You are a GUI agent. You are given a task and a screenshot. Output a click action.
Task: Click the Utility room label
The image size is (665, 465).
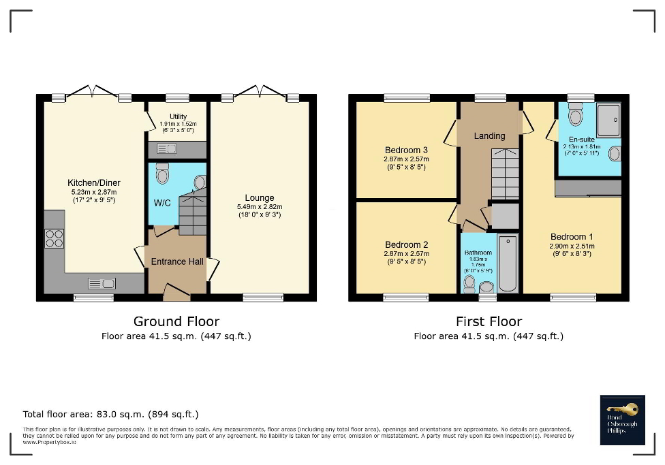coord(178,117)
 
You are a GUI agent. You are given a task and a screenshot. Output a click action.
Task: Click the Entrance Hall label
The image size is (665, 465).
coord(177,261)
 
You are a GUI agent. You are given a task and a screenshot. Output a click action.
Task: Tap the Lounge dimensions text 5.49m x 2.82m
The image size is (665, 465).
coord(260,207)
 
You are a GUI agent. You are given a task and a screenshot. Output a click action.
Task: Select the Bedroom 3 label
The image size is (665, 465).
coord(406,150)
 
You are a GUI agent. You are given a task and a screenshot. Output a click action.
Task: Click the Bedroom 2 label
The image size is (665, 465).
coord(406,245)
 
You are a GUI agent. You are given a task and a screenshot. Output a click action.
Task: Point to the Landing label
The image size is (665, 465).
coord(489,135)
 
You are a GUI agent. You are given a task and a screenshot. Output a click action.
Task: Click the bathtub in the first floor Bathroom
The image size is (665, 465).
coord(508,263)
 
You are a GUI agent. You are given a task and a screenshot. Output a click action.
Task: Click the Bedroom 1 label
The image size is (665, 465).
coord(572,237)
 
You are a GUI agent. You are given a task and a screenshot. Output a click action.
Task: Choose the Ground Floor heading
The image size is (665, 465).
coord(176,321)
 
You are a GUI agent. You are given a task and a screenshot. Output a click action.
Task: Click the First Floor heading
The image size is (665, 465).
coord(489,321)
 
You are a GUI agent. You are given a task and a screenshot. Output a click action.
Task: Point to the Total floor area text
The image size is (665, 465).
coord(110,414)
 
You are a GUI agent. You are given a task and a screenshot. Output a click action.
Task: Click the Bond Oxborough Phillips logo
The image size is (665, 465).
coord(622,420)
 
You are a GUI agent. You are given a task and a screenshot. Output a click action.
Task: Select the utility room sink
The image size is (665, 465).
coord(166,149)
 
